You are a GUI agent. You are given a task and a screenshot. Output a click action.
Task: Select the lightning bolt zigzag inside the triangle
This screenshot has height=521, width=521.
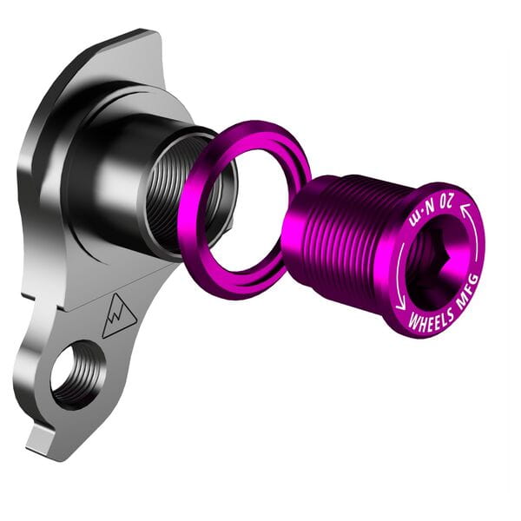(116, 318)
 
